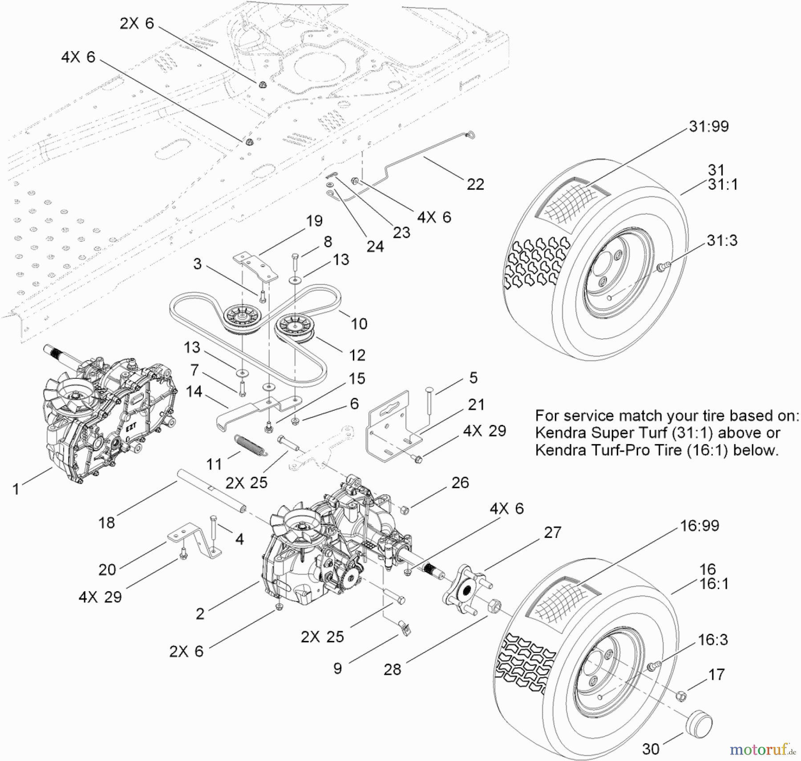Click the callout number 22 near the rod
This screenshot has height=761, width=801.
475,184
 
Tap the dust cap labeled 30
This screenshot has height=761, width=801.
699,725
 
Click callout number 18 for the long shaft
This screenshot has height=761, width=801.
107,522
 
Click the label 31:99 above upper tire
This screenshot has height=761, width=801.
708,126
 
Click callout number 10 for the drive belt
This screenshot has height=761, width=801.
359,324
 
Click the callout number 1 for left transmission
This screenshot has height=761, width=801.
16,489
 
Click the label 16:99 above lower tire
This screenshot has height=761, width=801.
699,525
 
